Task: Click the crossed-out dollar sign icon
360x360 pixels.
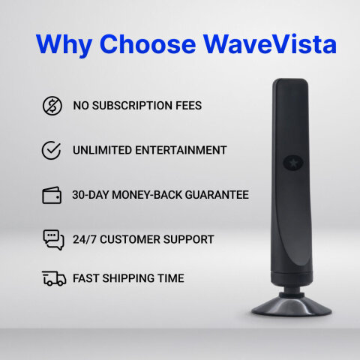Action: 52,106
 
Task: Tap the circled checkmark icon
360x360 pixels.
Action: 52,150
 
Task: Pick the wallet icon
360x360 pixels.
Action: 52,195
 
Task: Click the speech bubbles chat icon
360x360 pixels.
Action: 52,240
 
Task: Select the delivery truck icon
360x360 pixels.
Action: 52,278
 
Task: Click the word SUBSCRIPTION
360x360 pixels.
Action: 130,106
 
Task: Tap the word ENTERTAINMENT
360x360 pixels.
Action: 182,150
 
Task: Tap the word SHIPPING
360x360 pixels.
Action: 126,278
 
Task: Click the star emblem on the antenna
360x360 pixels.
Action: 289,160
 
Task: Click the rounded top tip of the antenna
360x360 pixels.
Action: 288,84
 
